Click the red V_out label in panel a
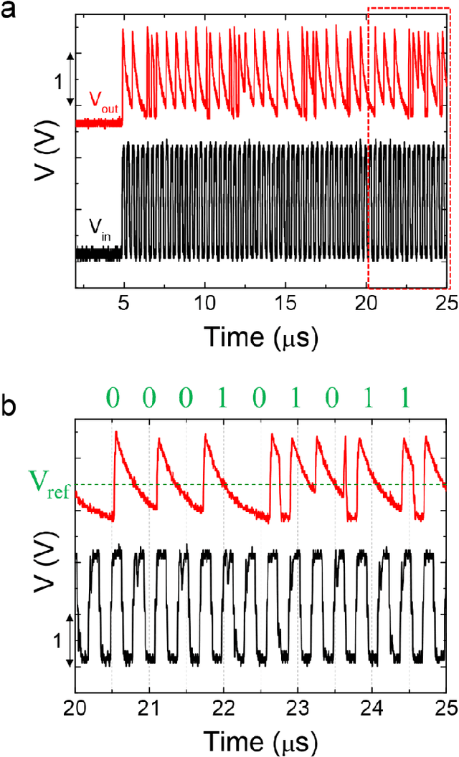(103, 100)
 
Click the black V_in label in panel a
(101, 228)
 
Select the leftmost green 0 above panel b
(113, 395)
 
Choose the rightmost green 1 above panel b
(408, 395)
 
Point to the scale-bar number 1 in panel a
(58, 81)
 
